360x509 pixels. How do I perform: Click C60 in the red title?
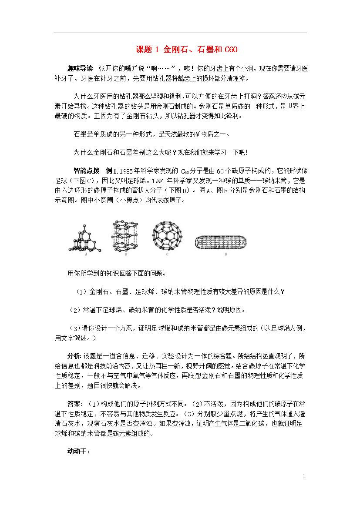[x=231, y=50]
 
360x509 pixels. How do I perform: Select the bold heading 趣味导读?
[x=80, y=69]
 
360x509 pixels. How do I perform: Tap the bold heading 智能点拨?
[x=86, y=170]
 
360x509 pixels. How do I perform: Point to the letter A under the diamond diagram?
[x=86, y=254]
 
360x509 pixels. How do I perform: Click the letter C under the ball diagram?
[x=167, y=254]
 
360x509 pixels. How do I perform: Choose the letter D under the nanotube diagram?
[x=225, y=254]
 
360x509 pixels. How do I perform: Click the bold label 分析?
[x=74, y=356]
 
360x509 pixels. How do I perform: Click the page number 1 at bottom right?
[x=304, y=477]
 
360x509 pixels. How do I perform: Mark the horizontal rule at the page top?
[x=180, y=33]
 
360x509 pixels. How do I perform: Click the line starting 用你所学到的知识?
[x=116, y=274]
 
